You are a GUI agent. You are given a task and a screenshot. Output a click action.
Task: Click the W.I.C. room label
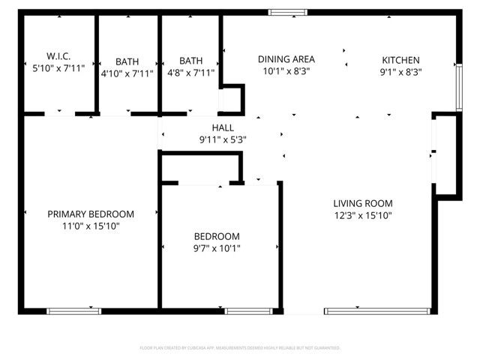click(58, 56)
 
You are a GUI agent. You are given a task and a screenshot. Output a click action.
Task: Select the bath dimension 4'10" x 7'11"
click(127, 73)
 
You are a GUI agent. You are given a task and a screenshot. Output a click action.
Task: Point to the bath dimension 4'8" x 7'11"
click(190, 73)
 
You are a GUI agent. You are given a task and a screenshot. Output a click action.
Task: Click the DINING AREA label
click(286, 59)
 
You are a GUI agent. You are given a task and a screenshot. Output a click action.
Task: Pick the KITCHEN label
click(400, 61)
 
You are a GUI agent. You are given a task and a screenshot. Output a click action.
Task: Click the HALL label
click(223, 127)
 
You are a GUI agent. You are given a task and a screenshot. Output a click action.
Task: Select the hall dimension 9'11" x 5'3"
click(223, 139)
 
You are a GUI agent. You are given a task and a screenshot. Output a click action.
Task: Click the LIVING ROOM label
click(363, 203)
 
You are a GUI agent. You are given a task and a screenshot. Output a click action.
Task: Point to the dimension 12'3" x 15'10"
click(363, 215)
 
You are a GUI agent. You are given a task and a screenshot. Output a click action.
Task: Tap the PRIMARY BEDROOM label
click(91, 214)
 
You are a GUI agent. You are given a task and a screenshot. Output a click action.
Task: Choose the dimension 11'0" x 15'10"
click(91, 226)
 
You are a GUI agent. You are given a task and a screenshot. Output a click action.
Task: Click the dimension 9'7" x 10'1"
click(217, 248)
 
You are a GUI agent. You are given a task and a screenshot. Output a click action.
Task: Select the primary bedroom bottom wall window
click(73, 310)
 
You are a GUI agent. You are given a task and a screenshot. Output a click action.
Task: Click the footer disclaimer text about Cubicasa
click(240, 348)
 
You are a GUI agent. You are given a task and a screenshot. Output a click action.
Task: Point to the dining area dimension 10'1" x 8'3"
click(286, 71)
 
